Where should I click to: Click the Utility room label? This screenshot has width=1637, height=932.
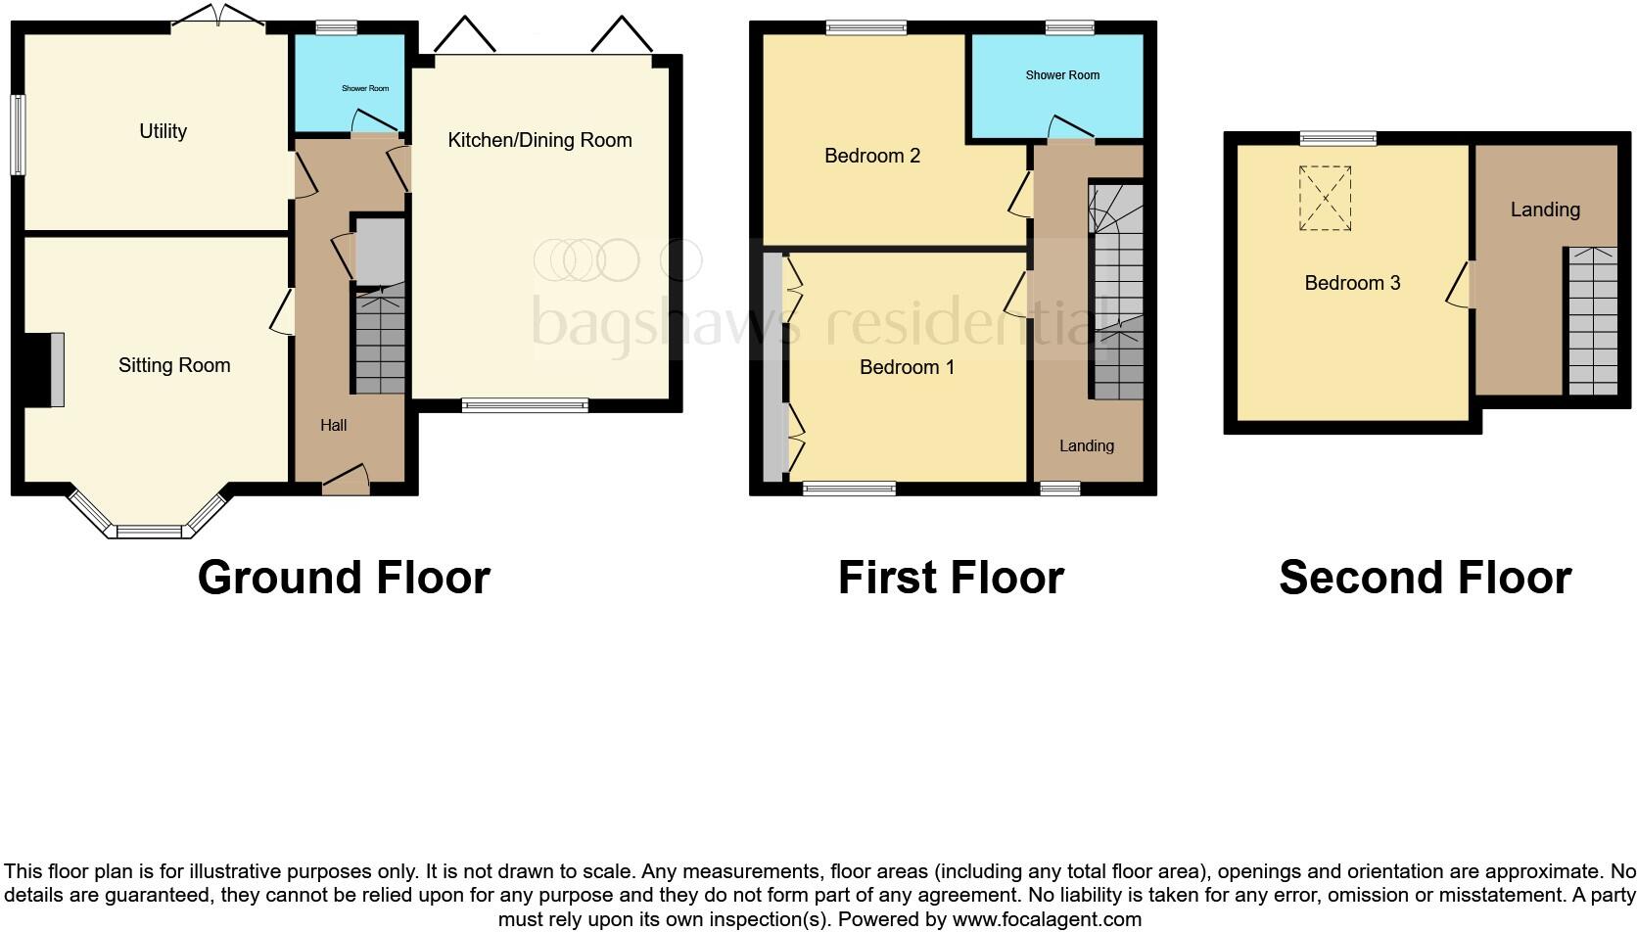coord(163,131)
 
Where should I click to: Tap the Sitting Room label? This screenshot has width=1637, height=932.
coord(174,365)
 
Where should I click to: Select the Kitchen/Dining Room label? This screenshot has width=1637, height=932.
coord(539,140)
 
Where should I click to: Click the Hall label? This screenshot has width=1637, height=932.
coord(333,425)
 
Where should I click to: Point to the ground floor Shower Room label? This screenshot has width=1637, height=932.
coord(364,88)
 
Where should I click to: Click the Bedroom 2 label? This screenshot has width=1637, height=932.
coord(871,156)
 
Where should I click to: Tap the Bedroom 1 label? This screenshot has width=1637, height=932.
coord(906,367)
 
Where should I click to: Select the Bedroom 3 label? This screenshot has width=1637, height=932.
coord(1351,283)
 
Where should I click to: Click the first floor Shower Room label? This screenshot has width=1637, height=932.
coord(1061,75)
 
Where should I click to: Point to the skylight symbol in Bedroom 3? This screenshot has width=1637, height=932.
coord(1325,199)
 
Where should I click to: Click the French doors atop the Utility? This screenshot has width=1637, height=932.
coord(218,17)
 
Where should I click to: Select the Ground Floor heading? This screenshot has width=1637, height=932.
coord(343,578)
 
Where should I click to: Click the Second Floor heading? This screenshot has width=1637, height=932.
coord(1425,578)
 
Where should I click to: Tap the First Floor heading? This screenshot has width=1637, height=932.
coord(950,578)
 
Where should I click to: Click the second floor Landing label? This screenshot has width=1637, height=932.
coord(1544,210)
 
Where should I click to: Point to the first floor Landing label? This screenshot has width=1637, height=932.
coord(1086,446)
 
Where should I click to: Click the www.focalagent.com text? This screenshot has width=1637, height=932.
coord(1047,919)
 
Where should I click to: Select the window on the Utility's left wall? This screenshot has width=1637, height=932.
coord(18,135)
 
